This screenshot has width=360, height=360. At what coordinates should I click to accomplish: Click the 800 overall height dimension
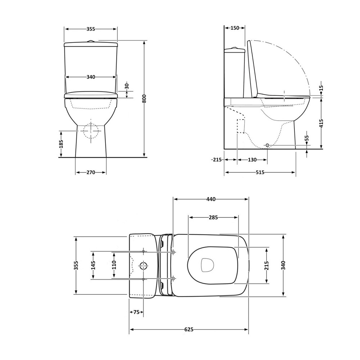(144, 99)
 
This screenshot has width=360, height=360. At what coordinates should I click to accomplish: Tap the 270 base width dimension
(91, 172)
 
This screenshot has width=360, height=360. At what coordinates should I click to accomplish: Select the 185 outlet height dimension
(61, 144)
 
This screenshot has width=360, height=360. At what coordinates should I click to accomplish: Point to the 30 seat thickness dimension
(127, 86)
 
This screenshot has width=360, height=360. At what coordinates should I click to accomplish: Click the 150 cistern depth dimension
(235, 28)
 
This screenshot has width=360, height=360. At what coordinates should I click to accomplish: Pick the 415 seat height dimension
(321, 123)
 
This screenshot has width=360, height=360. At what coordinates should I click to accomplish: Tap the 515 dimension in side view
(260, 172)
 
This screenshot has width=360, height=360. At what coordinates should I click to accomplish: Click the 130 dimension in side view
(252, 160)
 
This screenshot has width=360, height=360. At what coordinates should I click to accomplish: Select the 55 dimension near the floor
(307, 138)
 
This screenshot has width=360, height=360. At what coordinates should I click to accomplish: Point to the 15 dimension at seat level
(321, 88)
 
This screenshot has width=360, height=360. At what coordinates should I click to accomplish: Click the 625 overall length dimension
(189, 330)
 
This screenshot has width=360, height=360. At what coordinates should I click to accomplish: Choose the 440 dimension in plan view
(211, 199)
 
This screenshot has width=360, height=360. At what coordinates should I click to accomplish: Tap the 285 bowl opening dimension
(213, 217)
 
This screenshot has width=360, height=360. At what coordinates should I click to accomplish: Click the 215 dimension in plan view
(266, 265)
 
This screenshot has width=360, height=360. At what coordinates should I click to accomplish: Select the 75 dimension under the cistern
(136, 312)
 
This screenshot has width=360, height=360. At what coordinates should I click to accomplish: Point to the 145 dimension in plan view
(93, 265)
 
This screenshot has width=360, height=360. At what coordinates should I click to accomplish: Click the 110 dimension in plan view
(114, 265)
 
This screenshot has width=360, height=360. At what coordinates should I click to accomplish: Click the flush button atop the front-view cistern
(91, 41)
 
